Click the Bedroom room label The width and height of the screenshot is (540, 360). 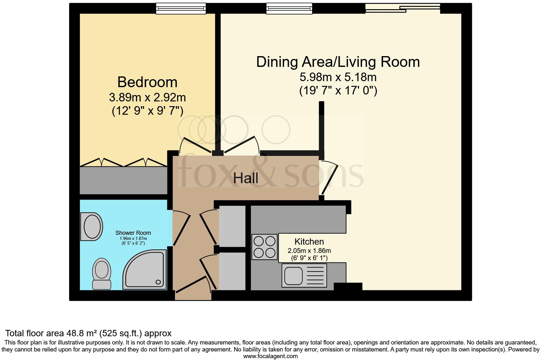[x=147, y=82]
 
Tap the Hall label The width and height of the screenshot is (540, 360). [x=246, y=178]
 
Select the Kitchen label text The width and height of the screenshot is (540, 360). [x=309, y=241]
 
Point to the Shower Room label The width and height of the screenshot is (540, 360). [x=133, y=233]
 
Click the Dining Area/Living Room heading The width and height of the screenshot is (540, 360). [x=338, y=62]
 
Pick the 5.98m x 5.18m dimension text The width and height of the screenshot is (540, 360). [x=338, y=77]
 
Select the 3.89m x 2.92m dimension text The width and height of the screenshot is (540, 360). [x=147, y=97]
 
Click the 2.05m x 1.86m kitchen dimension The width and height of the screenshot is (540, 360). [x=309, y=251]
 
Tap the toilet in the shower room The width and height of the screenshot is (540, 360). [x=101, y=273]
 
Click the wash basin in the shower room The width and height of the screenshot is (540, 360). [x=92, y=226]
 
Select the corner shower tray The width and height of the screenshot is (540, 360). [x=145, y=269]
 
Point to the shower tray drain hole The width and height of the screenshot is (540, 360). [x=158, y=282]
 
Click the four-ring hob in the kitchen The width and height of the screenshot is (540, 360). [x=265, y=247]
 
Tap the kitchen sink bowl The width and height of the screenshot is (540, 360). [x=293, y=275]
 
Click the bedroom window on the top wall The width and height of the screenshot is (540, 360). [x=181, y=9]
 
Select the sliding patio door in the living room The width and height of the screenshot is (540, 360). [x=403, y=8]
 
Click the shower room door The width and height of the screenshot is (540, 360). [x=181, y=228]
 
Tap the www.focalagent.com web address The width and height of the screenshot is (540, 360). [x=270, y=356]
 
